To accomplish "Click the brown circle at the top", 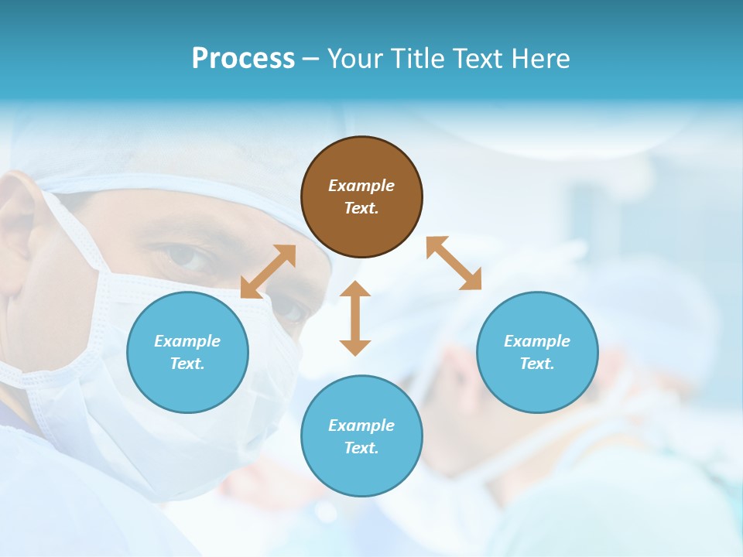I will tap(361, 197).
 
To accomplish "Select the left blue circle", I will tap(187, 353).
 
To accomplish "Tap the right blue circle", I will tap(537, 353).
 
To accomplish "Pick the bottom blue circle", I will tap(361, 436).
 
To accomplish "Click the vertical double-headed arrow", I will tap(355, 318).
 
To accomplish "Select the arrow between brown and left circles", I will tap(268, 272).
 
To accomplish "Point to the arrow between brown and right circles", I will tap(454, 264).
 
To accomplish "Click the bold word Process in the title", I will tap(243, 59).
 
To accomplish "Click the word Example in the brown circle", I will tap(361, 186).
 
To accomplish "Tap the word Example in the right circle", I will tap(537, 341).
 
